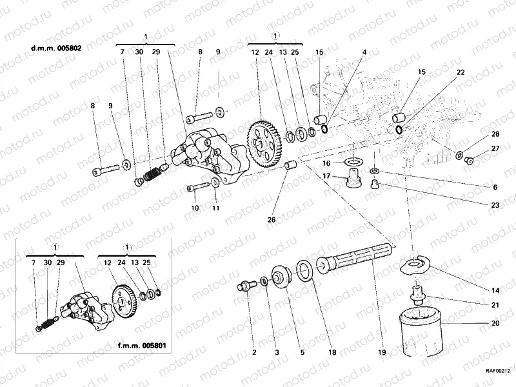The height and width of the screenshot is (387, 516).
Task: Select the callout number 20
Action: [x=495, y=323]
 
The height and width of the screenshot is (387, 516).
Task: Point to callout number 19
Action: [x=382, y=353]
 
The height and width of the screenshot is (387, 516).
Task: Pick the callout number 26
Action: [x=272, y=220]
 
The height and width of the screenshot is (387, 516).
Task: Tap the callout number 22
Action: [x=461, y=72]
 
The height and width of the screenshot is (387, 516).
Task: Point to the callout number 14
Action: [x=495, y=290]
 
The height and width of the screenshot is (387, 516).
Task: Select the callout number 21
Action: [x=495, y=305]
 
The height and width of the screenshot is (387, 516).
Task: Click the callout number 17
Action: [x=327, y=176]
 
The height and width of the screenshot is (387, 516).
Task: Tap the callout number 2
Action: [x=254, y=353]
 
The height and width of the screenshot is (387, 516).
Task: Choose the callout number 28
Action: [x=495, y=134]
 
